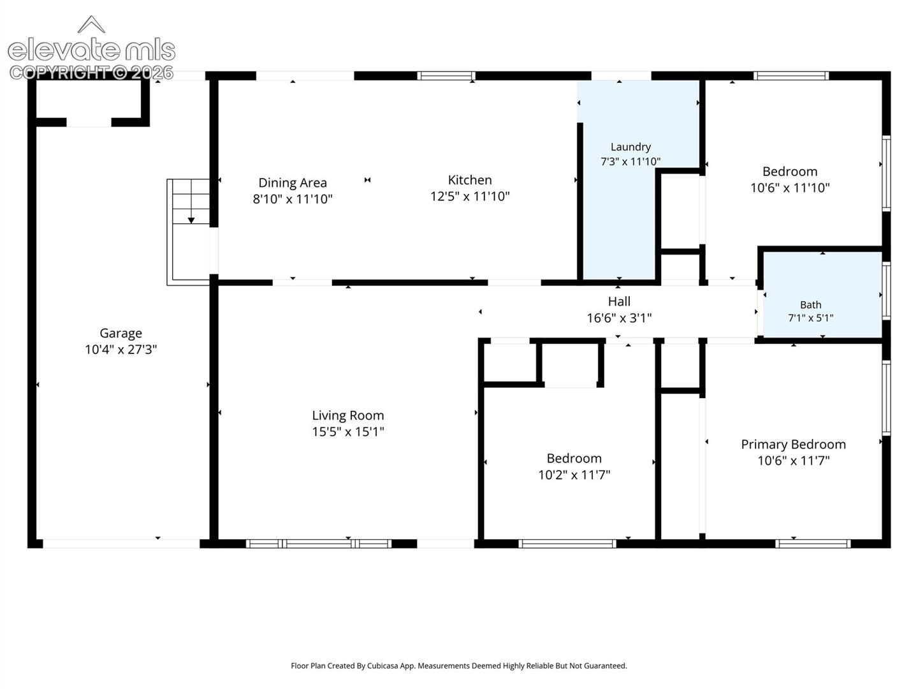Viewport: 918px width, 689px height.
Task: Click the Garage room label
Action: click(121, 334)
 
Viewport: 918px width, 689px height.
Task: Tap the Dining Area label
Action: click(293, 183)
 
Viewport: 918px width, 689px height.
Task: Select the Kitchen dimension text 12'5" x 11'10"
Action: click(470, 196)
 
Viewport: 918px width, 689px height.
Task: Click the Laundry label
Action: click(630, 147)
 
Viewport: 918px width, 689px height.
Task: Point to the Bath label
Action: click(810, 305)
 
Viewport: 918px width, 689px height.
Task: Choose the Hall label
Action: click(619, 302)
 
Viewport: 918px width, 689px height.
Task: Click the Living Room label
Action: click(347, 416)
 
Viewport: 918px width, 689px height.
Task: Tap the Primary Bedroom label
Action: click(794, 445)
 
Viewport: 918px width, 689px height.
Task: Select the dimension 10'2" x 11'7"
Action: click(574, 475)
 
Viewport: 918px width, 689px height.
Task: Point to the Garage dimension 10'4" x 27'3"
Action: click(121, 350)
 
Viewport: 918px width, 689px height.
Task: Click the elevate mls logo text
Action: click(91, 50)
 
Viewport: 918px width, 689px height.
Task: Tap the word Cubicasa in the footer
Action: click(382, 665)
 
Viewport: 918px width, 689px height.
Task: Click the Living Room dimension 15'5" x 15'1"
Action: click(347, 432)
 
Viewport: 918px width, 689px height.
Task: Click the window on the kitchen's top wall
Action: click(446, 76)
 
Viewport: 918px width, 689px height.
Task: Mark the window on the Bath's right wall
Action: click(885, 291)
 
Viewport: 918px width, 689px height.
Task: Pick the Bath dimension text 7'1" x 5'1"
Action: click(810, 318)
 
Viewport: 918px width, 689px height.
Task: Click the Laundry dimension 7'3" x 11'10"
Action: click(630, 162)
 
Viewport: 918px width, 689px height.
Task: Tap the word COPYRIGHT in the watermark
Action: click(59, 73)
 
